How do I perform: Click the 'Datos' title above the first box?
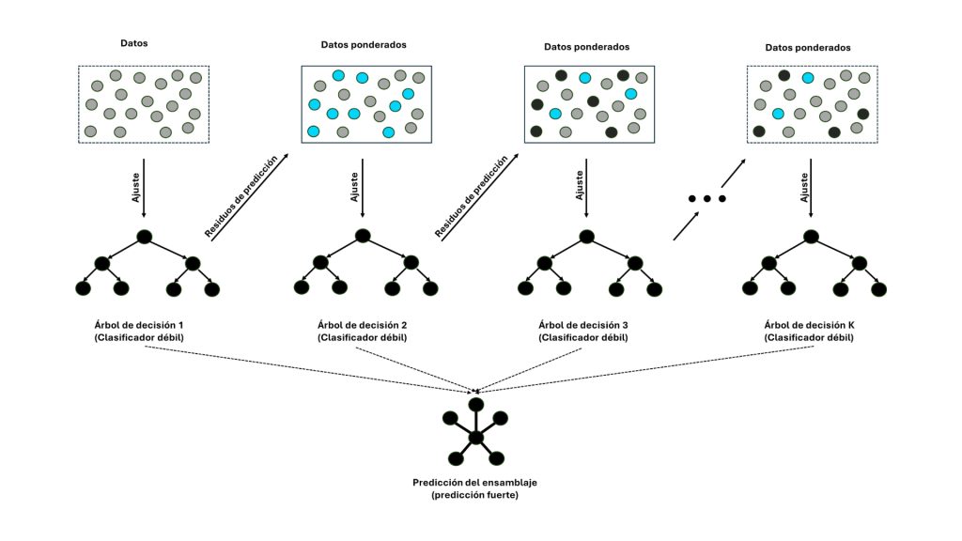[x=134, y=43]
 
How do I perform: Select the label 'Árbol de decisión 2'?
[x=362, y=325]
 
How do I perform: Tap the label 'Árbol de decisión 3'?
[x=584, y=325]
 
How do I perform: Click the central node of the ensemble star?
[x=476, y=438]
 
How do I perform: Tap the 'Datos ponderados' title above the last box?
[x=808, y=47]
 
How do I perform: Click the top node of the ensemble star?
[x=476, y=404]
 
